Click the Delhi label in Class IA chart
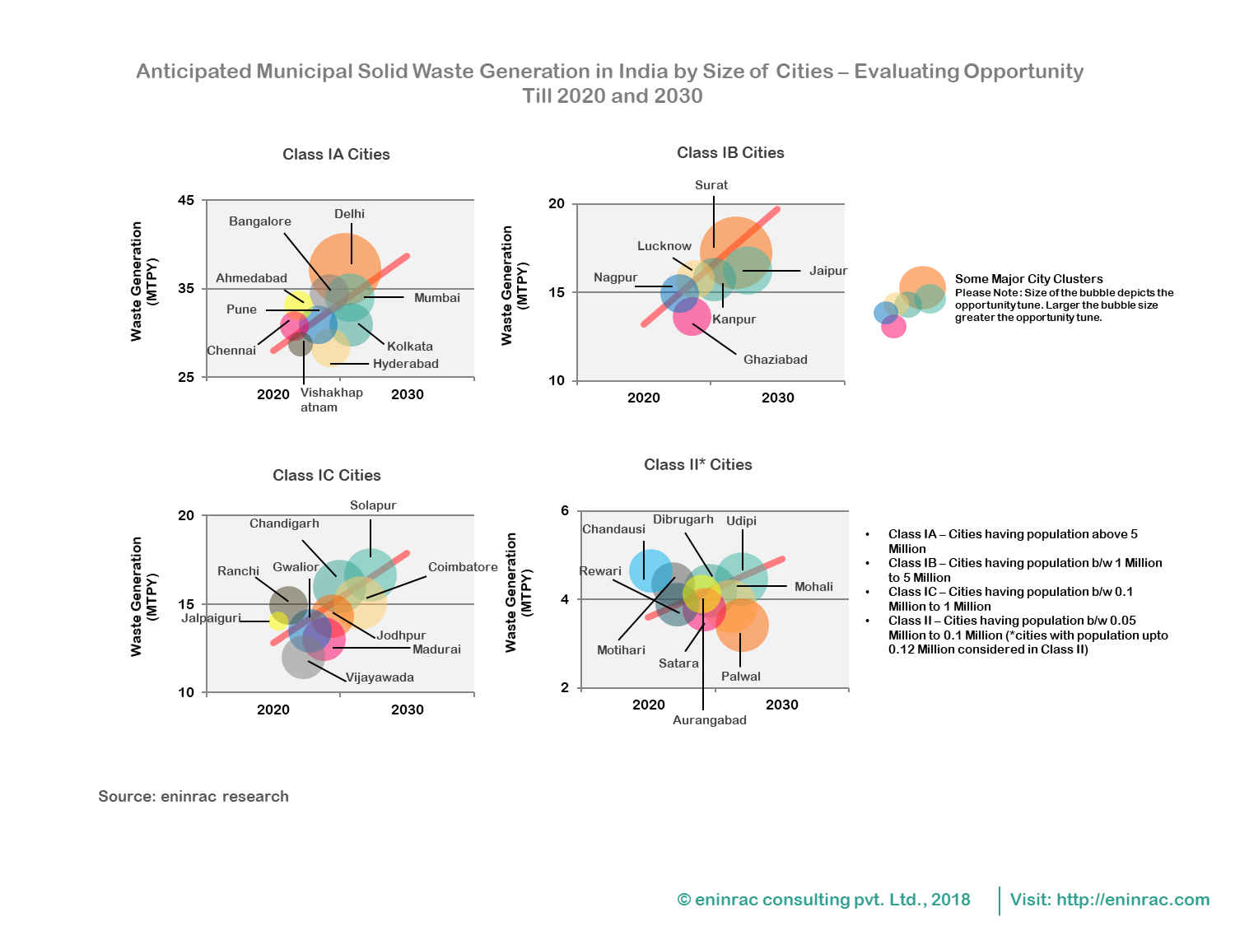[x=349, y=214]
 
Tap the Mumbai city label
[x=436, y=298]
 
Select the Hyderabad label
[x=405, y=364]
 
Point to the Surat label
[x=711, y=185]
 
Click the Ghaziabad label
[x=775, y=360]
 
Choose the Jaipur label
[x=827, y=271]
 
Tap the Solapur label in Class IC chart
[x=373, y=505]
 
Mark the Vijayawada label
[x=380, y=677]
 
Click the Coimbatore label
[x=463, y=567]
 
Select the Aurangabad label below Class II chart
[x=709, y=720]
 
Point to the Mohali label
[x=813, y=587]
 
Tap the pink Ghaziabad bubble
[x=691, y=317]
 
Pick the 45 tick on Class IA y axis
[x=186, y=200]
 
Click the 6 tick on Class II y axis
[x=565, y=510]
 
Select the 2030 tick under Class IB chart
[x=777, y=398]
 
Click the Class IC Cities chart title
[x=327, y=476]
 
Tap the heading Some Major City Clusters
[x=1028, y=279]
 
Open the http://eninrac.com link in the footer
[x=1133, y=900]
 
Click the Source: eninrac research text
[x=193, y=797]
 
